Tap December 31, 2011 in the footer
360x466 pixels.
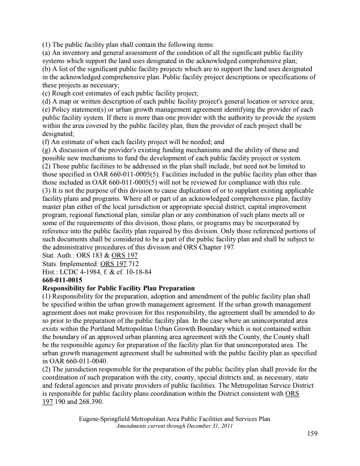(x=210, y=426)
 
